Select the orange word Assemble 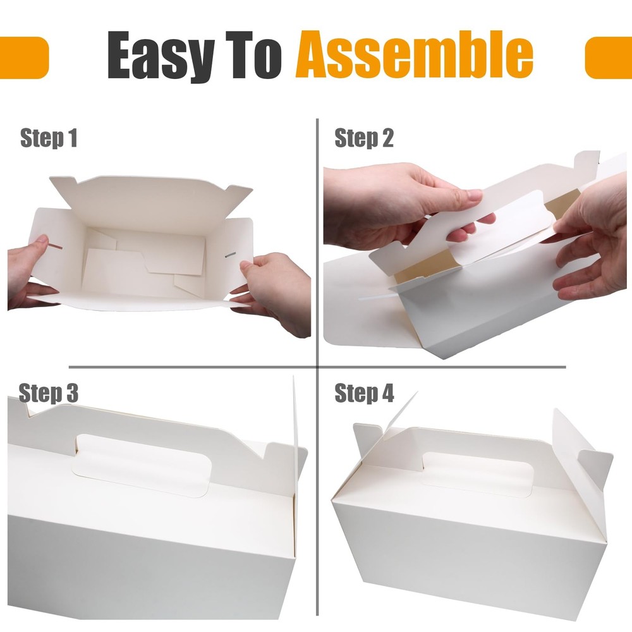(415, 54)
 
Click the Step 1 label (49, 138)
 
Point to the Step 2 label (364, 138)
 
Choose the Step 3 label (49, 393)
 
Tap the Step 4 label (364, 393)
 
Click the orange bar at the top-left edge (24, 58)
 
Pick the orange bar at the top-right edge (608, 58)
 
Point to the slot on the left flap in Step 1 (56, 246)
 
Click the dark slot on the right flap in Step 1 (230, 255)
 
